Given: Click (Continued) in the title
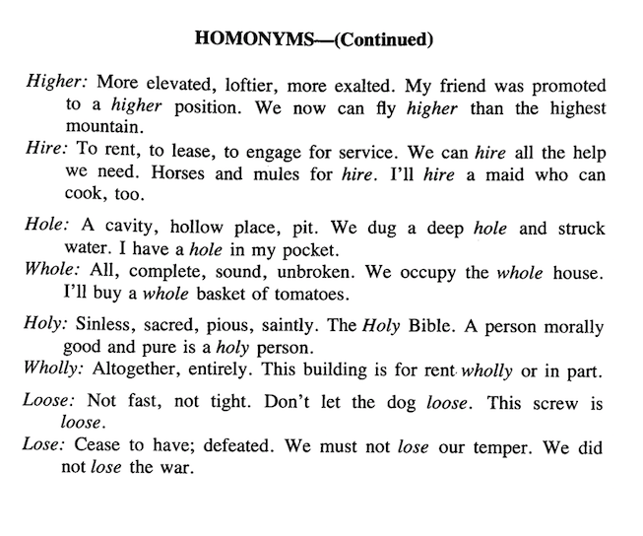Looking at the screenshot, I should [378, 40].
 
